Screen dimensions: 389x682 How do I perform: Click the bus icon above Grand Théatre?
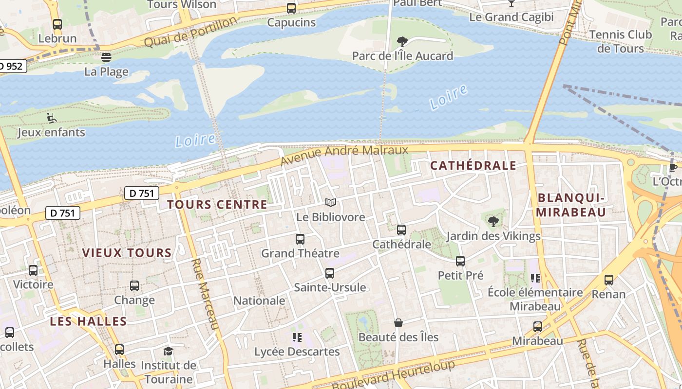(x=300, y=239)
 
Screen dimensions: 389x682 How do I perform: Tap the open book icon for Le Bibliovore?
(x=331, y=203)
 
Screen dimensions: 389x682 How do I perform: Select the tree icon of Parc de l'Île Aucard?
(x=402, y=42)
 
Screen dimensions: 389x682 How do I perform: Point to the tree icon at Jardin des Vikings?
(x=493, y=222)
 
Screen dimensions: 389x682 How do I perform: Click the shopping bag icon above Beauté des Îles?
(x=398, y=323)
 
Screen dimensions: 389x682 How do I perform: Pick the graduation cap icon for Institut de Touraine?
(x=168, y=351)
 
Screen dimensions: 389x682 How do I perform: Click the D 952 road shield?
(x=11, y=66)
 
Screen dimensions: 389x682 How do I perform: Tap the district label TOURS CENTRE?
(x=217, y=204)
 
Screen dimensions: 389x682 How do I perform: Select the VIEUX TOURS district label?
(x=127, y=253)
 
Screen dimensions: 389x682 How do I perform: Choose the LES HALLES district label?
(x=88, y=321)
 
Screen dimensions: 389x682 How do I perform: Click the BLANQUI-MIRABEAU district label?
(x=571, y=205)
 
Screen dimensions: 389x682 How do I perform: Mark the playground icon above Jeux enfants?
(x=51, y=118)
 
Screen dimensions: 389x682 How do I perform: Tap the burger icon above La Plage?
(x=106, y=57)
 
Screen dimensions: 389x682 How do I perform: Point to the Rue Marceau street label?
(x=205, y=294)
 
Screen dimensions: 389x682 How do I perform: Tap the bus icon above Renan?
(x=609, y=280)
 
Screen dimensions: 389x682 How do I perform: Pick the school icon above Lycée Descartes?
(x=297, y=337)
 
